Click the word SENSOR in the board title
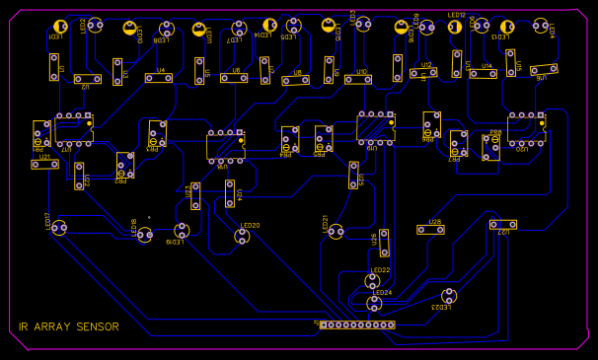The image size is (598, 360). coord(97,327)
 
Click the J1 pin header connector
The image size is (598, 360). coord(356,324)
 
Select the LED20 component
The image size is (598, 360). coord(242,235)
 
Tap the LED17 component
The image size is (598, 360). coord(59,228)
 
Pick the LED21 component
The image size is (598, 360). coord(336,231)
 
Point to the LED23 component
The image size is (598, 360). coord(449,295)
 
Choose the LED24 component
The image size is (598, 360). coord(374,303)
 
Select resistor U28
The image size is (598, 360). coord(430,230)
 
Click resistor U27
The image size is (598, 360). coord(502,225)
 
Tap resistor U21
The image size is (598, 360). coord(44,165)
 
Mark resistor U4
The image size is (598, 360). coord(160,78)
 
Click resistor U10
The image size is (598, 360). coord(361,79)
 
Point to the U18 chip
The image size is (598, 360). coord(225,145)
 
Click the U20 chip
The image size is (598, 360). coord(527,128)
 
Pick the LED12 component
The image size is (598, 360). coord(455,28)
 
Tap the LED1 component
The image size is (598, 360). coord(60,27)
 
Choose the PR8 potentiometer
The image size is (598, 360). coord(490,147)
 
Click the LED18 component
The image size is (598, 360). coord(144,234)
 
